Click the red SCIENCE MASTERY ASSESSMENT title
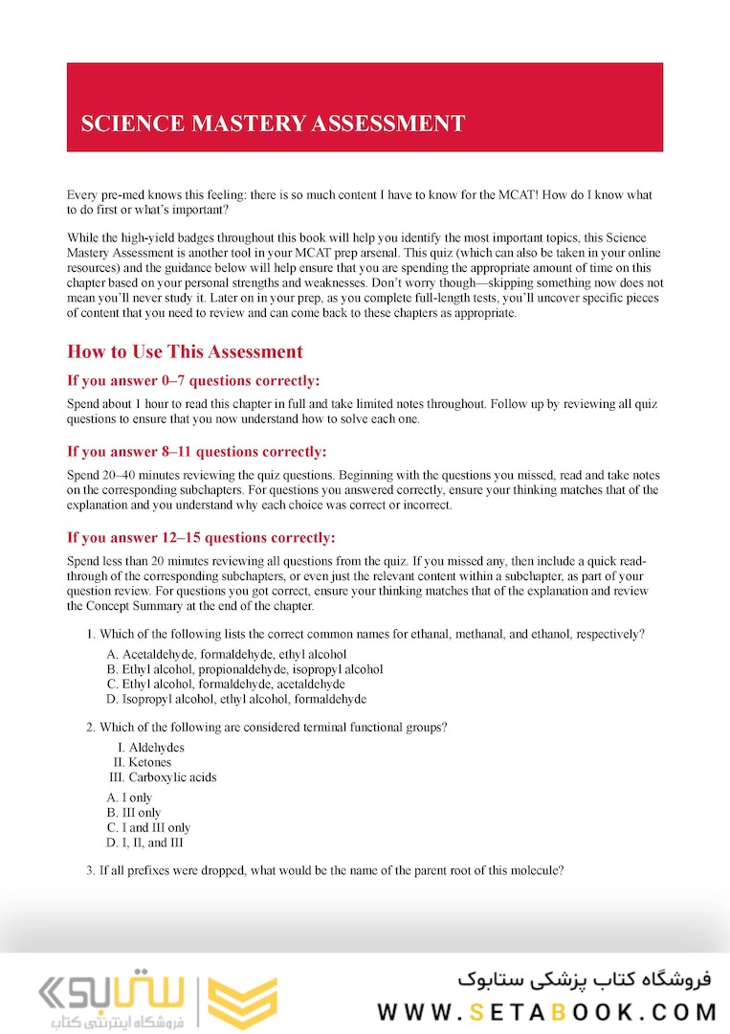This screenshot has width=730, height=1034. click(x=273, y=124)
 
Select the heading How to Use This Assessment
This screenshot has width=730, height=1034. click(x=185, y=351)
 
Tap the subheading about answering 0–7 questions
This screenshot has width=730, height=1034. click(x=193, y=380)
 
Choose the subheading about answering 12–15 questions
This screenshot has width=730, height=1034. click(x=201, y=537)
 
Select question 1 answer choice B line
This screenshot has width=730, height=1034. click(x=245, y=669)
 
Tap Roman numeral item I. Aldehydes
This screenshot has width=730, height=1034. click(x=151, y=747)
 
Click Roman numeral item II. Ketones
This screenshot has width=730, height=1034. click(x=143, y=762)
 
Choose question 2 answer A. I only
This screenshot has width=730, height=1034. click(x=130, y=798)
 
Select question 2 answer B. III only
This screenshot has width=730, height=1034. click(x=134, y=813)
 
